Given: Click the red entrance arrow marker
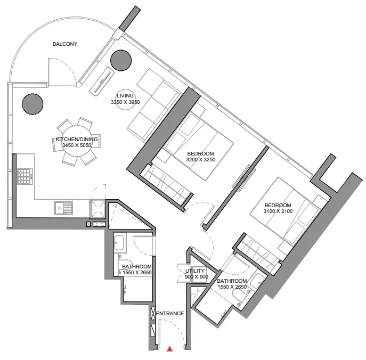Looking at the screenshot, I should (170, 349).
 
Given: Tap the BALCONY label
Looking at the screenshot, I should (65, 44).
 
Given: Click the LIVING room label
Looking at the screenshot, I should (125, 96).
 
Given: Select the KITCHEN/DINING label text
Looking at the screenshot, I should (77, 140).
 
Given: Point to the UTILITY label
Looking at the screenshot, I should (195, 271).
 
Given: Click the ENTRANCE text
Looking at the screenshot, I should (170, 314).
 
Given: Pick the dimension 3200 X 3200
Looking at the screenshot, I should (200, 160).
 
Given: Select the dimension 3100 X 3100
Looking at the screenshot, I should (278, 212).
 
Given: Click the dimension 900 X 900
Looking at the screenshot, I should (195, 277).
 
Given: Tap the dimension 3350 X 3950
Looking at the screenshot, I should (125, 102).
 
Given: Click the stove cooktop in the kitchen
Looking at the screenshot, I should (25, 176).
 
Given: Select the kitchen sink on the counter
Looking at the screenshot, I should (63, 208).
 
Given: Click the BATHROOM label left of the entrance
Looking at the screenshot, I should (137, 269).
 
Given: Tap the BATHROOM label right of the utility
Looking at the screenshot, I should (232, 284).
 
